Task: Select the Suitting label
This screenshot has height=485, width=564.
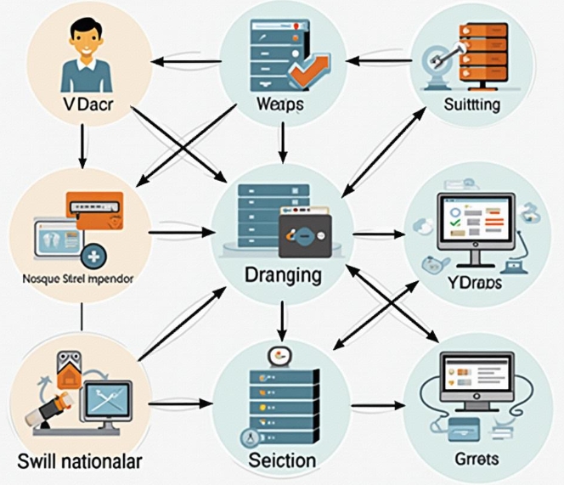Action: click(x=472, y=104)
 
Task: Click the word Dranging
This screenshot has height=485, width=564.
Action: click(x=282, y=275)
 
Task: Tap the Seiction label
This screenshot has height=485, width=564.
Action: click(x=282, y=460)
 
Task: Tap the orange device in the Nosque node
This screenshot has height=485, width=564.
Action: click(x=94, y=208)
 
